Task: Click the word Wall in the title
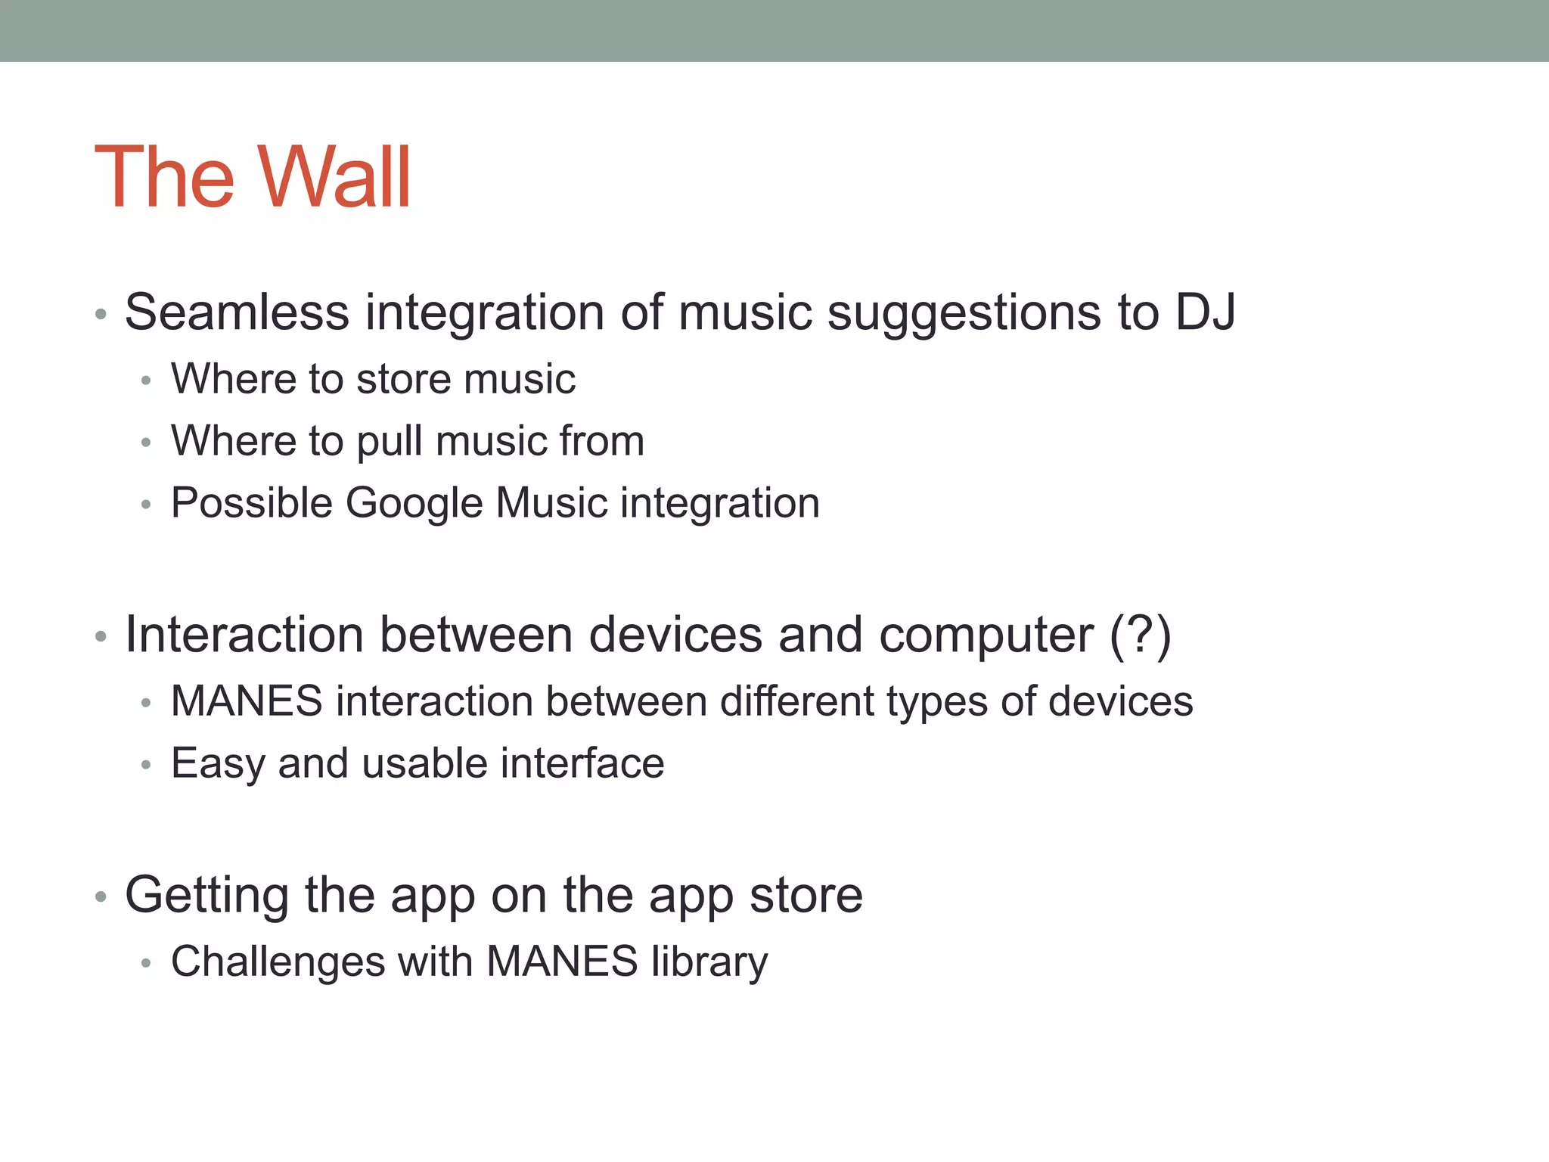[x=334, y=178]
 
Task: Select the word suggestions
[x=963, y=313]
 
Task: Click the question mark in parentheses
[x=1140, y=634]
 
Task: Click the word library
[x=709, y=962]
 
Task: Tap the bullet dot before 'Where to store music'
[x=147, y=381]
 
